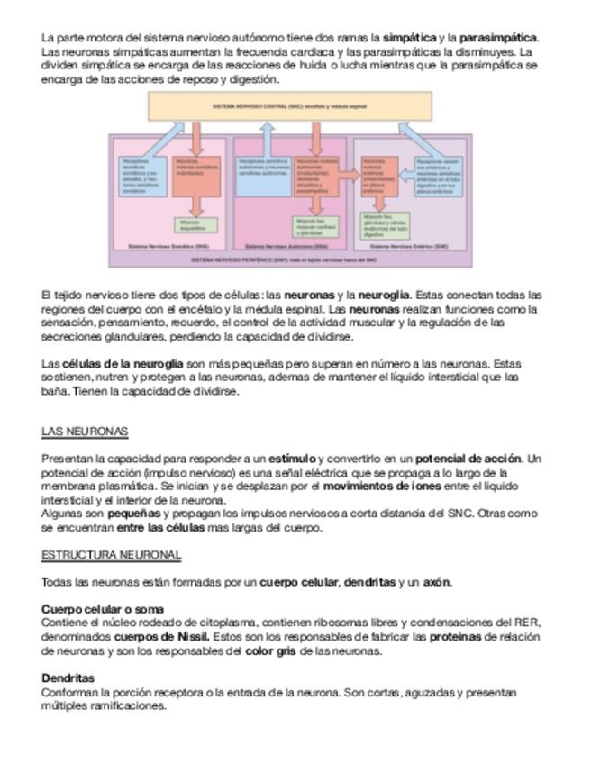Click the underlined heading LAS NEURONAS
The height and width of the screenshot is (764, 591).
pyautogui.click(x=85, y=432)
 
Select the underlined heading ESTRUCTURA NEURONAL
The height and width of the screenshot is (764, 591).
pyautogui.click(x=111, y=554)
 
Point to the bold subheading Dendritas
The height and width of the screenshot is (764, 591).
pyautogui.click(x=68, y=678)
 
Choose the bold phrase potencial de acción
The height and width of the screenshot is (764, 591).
pyautogui.click(x=468, y=459)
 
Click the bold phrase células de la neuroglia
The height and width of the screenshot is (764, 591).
pyautogui.click(x=119, y=363)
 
